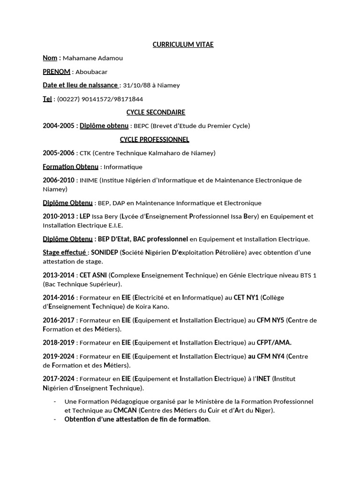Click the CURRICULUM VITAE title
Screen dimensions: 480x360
pyautogui.click(x=183, y=45)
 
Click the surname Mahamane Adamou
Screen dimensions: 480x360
pyautogui.click(x=93, y=58)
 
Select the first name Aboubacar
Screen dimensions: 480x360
pyautogui.click(x=91, y=72)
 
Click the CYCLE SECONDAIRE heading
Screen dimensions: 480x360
pyautogui.click(x=156, y=112)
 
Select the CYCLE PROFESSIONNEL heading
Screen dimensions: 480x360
pyautogui.click(x=154, y=140)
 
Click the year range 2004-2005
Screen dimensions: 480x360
pyautogui.click(x=58, y=126)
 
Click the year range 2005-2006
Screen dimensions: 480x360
pyautogui.click(x=58, y=153)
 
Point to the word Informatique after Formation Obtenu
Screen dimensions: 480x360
pyautogui.click(x=123, y=167)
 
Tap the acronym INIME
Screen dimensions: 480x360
pyautogui.click(x=89, y=180)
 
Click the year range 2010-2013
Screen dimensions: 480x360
pyautogui.click(x=58, y=217)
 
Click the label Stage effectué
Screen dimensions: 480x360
pyautogui.click(x=64, y=253)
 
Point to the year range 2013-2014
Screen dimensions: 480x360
pyautogui.click(x=58, y=275)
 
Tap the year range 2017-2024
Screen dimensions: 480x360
pyautogui.click(x=58, y=379)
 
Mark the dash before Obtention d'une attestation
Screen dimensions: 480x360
pyautogui.click(x=55, y=420)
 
